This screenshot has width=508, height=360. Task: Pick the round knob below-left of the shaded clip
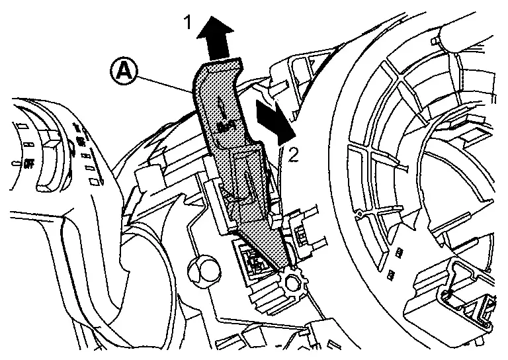coord(200,270)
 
